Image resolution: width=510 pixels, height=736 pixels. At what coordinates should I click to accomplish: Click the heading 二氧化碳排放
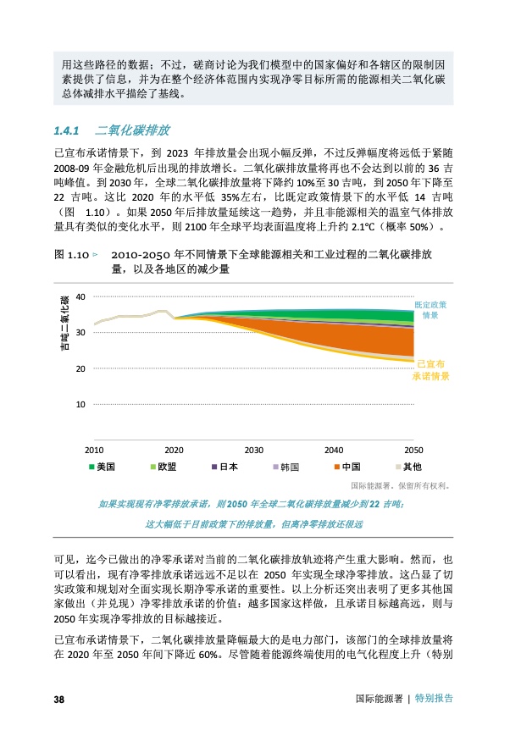pyautogui.click(x=133, y=130)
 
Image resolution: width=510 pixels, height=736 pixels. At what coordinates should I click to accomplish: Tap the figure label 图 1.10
pyautogui.click(x=71, y=253)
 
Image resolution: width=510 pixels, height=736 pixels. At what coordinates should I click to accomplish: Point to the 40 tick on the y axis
pyautogui.click(x=80, y=296)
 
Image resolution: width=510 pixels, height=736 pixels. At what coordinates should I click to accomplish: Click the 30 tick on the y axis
pyautogui.click(x=80, y=332)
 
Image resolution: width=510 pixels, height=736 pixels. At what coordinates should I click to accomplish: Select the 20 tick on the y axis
pyautogui.click(x=80, y=368)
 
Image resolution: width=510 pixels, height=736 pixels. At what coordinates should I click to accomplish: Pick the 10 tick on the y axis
pyautogui.click(x=80, y=405)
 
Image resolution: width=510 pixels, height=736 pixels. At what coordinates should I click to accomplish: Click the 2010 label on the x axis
pyautogui.click(x=94, y=450)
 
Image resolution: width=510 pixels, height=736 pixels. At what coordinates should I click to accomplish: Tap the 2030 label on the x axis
pyautogui.click(x=253, y=450)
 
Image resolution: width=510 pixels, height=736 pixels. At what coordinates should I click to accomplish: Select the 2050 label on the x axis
pyautogui.click(x=413, y=450)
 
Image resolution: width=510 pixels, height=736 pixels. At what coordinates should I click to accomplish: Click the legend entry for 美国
pyautogui.click(x=101, y=467)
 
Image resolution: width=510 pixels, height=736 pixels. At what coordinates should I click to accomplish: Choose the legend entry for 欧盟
pyautogui.click(x=162, y=467)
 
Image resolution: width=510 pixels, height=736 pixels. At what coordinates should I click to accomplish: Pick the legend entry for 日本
pyautogui.click(x=223, y=467)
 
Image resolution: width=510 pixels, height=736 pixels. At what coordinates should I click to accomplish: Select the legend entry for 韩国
pyautogui.click(x=285, y=467)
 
